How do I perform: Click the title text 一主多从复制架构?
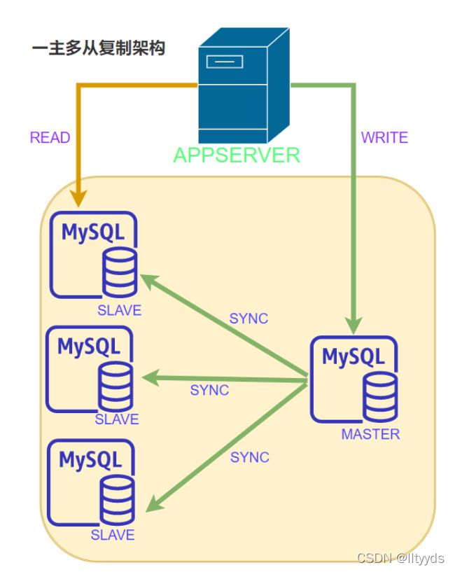[x=99, y=49]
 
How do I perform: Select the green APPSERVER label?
[x=237, y=155]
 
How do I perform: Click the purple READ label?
[x=50, y=138]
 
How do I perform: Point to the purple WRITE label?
[x=384, y=138]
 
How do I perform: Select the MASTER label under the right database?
[x=370, y=434]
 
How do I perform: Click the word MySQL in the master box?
[x=353, y=356]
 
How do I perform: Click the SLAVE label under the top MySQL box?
[x=119, y=310]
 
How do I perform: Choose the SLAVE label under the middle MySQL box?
[x=117, y=419]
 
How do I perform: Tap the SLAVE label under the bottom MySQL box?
[x=113, y=535]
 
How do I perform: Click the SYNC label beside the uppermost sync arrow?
[x=248, y=319]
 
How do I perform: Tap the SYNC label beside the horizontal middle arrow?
[x=209, y=390]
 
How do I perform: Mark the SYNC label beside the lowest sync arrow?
[x=250, y=457]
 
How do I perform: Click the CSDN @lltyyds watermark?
[x=400, y=558]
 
